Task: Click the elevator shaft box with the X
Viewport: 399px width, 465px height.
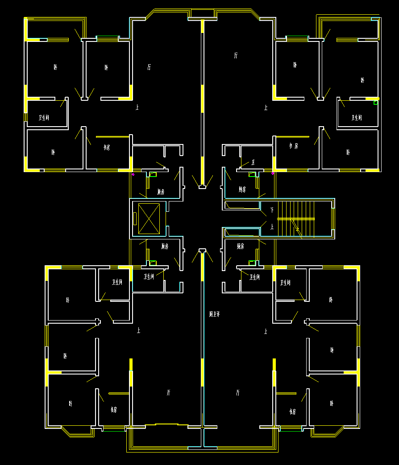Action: (x=149, y=218)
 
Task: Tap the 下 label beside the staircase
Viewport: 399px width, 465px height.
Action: (x=272, y=210)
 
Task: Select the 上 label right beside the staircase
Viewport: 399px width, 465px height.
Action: (x=272, y=227)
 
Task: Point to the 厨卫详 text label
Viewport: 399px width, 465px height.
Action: (x=215, y=314)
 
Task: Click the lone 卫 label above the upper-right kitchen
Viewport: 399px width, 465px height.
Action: (x=254, y=162)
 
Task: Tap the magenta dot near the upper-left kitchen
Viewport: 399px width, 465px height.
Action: (x=133, y=174)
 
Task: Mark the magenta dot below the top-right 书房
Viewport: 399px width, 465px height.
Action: (x=273, y=173)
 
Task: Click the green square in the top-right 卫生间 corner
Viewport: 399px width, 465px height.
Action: (x=376, y=103)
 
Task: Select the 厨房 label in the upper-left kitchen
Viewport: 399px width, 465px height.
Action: (x=161, y=192)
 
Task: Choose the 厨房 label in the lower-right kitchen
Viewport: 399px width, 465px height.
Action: (x=241, y=246)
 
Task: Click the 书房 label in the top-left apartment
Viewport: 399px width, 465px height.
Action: (x=107, y=147)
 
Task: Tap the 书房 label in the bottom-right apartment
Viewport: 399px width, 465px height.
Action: (x=292, y=411)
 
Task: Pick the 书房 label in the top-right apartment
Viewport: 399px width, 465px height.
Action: (x=294, y=146)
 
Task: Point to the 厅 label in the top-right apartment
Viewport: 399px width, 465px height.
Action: (x=236, y=56)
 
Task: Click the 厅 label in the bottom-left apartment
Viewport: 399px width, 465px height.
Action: (x=168, y=393)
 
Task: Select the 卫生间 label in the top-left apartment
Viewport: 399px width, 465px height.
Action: (x=44, y=118)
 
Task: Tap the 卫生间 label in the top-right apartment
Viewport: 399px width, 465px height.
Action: (x=357, y=118)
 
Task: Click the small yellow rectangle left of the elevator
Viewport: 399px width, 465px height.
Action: (x=135, y=218)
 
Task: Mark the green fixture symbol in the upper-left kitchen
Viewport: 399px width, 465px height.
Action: (x=153, y=174)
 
